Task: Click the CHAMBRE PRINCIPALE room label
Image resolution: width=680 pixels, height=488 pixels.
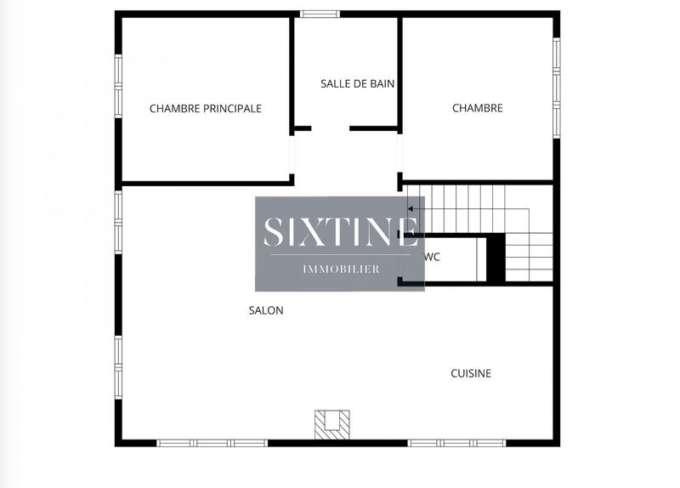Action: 205,109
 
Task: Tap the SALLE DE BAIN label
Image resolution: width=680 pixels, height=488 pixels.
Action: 357,83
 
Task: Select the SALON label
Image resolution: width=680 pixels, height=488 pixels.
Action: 266,310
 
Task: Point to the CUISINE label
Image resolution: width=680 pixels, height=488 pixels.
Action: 471,373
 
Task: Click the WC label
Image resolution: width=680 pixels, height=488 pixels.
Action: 432,257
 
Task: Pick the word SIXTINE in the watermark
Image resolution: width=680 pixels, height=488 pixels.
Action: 340,232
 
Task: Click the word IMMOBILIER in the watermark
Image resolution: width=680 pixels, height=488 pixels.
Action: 341,270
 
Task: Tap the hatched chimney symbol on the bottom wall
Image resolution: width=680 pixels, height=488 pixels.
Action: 331,423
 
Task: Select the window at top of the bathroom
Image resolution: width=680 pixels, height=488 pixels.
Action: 320,14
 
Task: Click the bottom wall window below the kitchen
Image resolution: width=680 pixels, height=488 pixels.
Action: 456,443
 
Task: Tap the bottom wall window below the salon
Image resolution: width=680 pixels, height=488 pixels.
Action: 212,443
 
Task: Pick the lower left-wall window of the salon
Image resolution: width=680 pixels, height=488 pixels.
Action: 118,365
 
